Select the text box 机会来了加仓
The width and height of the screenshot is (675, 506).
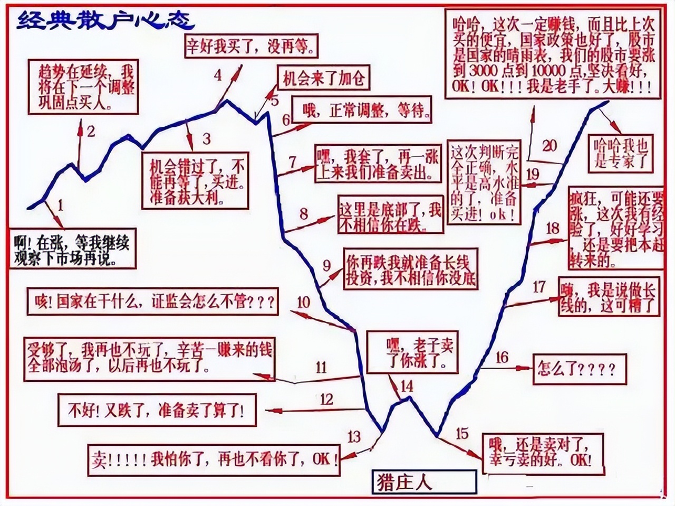[323, 79]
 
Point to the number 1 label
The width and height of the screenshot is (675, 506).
[61, 204]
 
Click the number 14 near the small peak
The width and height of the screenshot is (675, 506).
[407, 386]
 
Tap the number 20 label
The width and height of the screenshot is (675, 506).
[549, 146]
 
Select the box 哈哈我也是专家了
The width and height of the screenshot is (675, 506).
[620, 153]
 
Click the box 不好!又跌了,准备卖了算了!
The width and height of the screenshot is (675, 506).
[156, 410]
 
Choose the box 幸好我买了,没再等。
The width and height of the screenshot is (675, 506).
[252, 46]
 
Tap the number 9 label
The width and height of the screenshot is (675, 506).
[327, 265]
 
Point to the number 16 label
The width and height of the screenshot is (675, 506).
[502, 358]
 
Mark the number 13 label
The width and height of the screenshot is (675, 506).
[354, 436]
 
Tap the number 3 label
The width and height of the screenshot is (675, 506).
[206, 138]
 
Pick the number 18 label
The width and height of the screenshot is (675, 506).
[553, 228]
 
